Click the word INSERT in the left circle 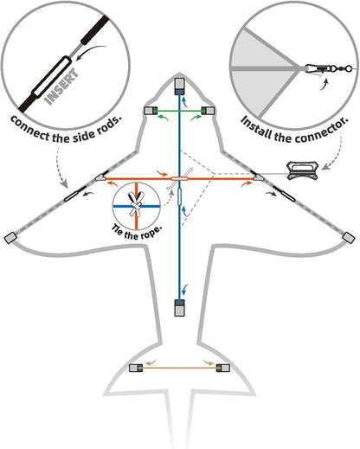[x=61, y=87]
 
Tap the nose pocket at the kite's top [x=179, y=87]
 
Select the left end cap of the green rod [x=151, y=111]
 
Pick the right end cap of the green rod [x=208, y=111]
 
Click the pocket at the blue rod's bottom [x=179, y=308]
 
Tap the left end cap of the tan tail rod [x=136, y=368]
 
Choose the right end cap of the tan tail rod [x=223, y=368]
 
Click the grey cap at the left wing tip [x=10, y=238]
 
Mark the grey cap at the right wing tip [x=349, y=238]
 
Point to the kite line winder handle [x=302, y=171]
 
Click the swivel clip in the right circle [x=327, y=68]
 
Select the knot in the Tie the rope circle [x=136, y=206]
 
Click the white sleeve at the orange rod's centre [x=179, y=179]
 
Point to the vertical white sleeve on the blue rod [x=179, y=196]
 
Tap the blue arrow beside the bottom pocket [x=185, y=291]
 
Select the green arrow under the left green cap [x=163, y=117]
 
